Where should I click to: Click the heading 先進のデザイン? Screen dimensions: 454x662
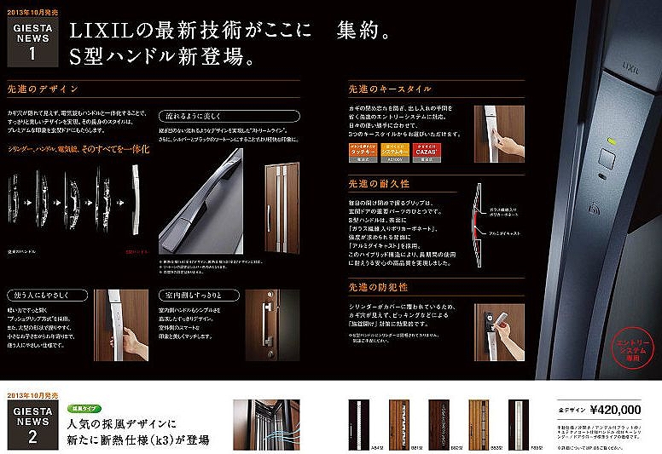pyautogui.click(x=43, y=89)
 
